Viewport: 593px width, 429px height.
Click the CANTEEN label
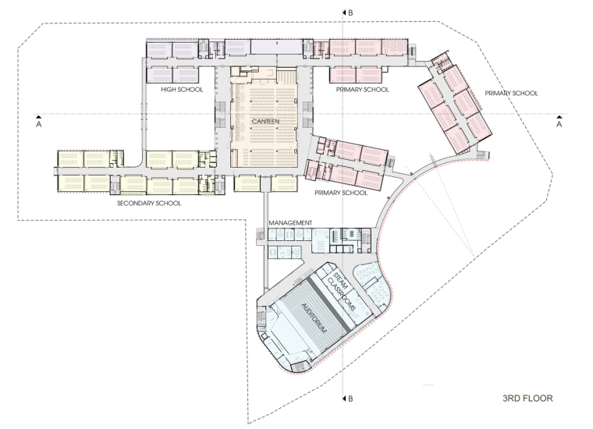(x=265, y=122)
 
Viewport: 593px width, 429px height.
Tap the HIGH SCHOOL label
(x=182, y=90)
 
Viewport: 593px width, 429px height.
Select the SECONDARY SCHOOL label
(x=149, y=204)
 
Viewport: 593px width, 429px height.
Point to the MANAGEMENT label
(x=290, y=223)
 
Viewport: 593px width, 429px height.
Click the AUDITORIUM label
(x=314, y=318)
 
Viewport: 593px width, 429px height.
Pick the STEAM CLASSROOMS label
(x=343, y=290)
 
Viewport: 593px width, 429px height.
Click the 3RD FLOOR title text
(x=527, y=398)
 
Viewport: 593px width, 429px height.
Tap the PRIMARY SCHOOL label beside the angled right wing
(x=511, y=94)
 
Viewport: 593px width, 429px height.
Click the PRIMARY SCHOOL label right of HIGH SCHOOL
(x=362, y=90)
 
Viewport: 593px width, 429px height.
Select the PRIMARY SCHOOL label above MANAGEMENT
(x=341, y=193)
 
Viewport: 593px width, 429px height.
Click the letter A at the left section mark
(x=38, y=124)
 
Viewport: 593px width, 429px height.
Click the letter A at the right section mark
(x=559, y=124)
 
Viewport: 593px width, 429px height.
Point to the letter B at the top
(x=350, y=12)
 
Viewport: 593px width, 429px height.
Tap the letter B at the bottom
(x=350, y=399)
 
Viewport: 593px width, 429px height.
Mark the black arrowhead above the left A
(x=38, y=116)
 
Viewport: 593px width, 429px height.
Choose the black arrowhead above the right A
(x=559, y=116)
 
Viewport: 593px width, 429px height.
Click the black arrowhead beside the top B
(x=345, y=12)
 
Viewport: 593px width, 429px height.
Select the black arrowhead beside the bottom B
(x=345, y=399)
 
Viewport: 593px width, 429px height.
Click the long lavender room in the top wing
(x=276, y=48)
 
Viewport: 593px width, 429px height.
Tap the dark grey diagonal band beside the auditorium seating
(x=328, y=303)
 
